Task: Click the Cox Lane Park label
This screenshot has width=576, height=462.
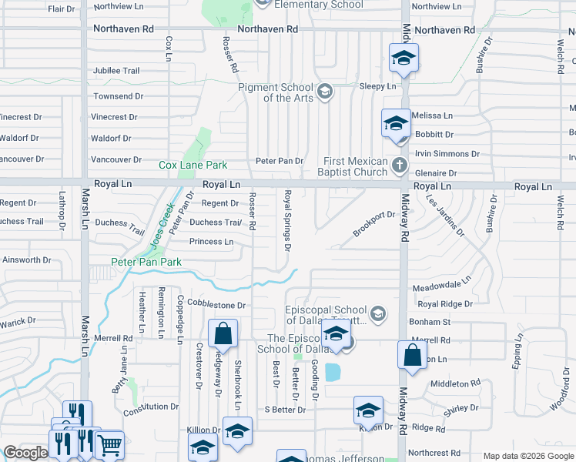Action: point(193,165)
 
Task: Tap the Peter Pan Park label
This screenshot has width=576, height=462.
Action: point(146,263)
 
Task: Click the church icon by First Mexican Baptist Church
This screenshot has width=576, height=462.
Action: point(399,166)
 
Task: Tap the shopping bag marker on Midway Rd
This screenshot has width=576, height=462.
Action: point(412,356)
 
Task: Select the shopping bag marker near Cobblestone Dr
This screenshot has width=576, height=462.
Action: point(223,334)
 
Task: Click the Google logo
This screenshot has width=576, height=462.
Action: point(25,453)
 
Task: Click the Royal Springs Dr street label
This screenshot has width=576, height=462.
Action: point(286,221)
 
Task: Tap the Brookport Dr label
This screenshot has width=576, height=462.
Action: point(373,215)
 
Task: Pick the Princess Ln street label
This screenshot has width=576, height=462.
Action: point(211,242)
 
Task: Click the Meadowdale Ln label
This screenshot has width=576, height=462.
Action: point(441,286)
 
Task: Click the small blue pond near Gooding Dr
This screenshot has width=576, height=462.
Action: point(333,373)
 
